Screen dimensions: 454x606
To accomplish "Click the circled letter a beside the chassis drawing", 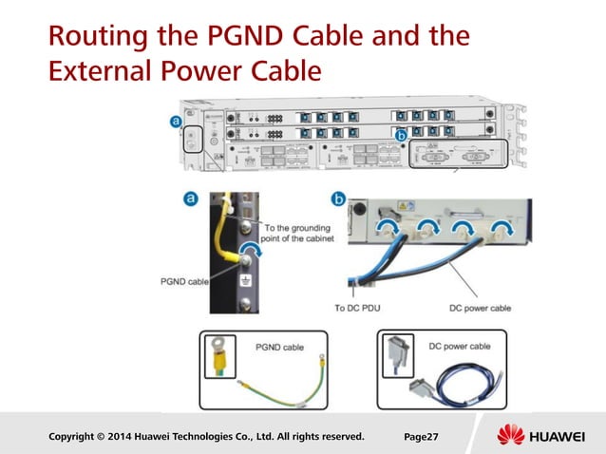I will click(x=176, y=122).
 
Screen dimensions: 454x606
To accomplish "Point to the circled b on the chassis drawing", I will click(x=401, y=138).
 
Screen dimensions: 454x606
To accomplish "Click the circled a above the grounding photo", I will click(x=189, y=199).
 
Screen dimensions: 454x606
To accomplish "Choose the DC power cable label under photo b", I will click(x=480, y=308).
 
